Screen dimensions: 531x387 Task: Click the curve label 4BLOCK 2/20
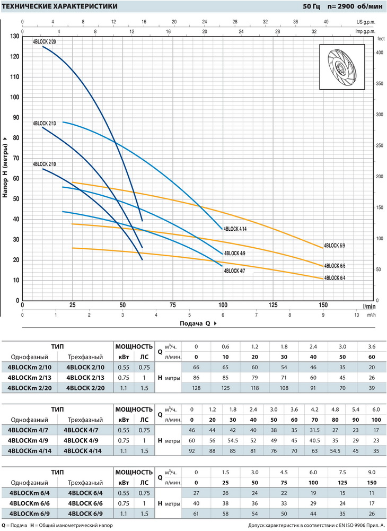(44, 41)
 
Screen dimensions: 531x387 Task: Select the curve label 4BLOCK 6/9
(335, 246)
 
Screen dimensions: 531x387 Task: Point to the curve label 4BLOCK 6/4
(335, 277)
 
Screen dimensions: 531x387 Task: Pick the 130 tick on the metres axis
(15, 36)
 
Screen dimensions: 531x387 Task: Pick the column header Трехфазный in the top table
(83, 356)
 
